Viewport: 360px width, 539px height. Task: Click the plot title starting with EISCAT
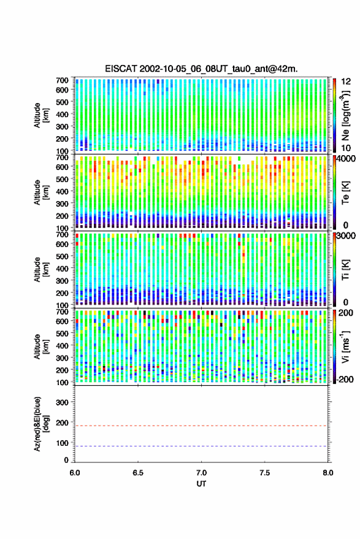tap(201, 69)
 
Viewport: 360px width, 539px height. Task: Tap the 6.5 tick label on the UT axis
tap(138, 473)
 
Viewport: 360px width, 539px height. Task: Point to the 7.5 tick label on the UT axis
tap(264, 473)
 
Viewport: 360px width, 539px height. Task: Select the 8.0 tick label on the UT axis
tap(327, 473)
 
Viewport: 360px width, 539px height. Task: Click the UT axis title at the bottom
tap(201, 484)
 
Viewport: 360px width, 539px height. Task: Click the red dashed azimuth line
tap(201, 426)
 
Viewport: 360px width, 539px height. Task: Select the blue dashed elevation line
tap(201, 446)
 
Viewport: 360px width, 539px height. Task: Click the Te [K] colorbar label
tap(345, 193)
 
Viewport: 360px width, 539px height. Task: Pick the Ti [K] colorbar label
tap(345, 270)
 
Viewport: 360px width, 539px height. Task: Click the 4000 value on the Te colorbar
tap(347, 159)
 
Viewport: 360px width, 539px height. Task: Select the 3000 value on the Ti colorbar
tap(347, 236)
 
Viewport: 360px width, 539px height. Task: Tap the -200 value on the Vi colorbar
tap(345, 379)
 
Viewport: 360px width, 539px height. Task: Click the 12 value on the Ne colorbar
tap(346, 82)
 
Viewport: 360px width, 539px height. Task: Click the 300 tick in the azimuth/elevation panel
tap(62, 402)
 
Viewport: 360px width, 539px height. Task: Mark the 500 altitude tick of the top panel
tap(62, 102)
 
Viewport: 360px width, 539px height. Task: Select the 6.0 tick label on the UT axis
tap(75, 473)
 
